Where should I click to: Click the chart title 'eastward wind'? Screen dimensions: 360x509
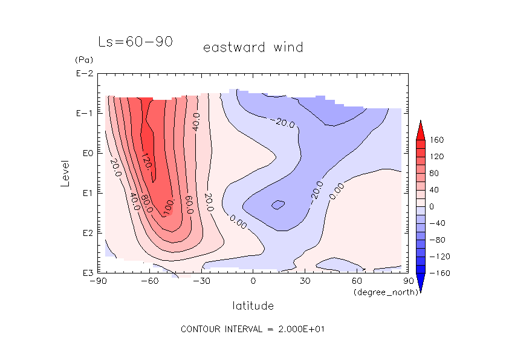click(253, 47)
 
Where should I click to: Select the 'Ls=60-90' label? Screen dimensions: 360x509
click(135, 42)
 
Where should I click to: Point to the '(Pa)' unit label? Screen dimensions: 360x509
click(82, 61)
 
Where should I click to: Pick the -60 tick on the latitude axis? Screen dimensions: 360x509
click(149, 281)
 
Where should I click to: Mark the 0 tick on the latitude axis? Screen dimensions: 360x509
click(253, 281)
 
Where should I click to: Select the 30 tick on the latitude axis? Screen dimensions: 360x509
click(305, 281)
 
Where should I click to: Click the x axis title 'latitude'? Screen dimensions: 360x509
click(253, 306)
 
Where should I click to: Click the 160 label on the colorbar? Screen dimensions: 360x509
click(436, 140)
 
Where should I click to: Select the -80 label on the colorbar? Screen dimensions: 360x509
click(436, 240)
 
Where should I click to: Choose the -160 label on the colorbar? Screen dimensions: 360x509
click(436, 273)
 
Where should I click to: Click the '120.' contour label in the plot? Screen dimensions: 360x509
click(146, 160)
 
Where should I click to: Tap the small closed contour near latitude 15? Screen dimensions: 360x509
click(277, 205)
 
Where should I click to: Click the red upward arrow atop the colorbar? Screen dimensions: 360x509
click(420, 129)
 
